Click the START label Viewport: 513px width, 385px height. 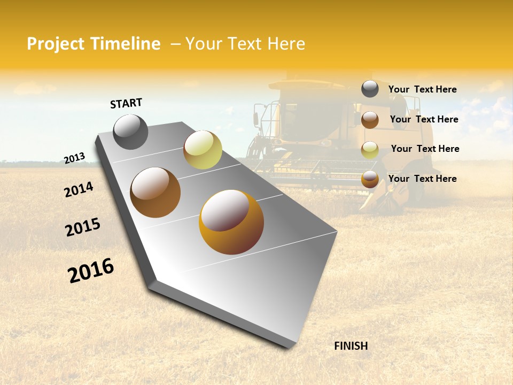[126, 103]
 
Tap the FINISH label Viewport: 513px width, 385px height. [351, 346]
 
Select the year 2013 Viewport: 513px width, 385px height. [75, 158]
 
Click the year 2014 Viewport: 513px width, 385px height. [79, 189]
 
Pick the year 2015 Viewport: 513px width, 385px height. [83, 227]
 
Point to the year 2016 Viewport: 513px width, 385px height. [91, 270]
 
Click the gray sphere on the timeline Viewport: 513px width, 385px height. [131, 132]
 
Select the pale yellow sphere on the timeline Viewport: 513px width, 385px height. [203, 150]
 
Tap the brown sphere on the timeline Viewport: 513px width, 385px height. [156, 192]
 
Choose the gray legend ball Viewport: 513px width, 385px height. [370, 89]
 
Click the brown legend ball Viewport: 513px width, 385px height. [370, 120]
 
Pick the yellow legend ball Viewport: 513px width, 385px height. [370, 150]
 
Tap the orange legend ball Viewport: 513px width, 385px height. [370, 179]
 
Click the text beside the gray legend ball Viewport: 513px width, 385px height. [422, 89]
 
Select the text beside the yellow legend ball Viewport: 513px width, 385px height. [425, 149]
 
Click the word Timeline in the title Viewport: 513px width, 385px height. [125, 44]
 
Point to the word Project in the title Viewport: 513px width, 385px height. [56, 44]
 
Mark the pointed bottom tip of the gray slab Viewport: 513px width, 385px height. [291, 348]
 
